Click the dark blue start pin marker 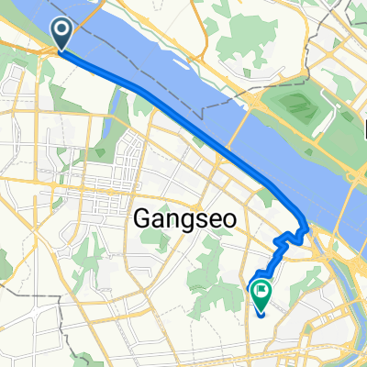click(62, 34)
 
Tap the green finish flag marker click(261, 294)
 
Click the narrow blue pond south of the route click(114, 106)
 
